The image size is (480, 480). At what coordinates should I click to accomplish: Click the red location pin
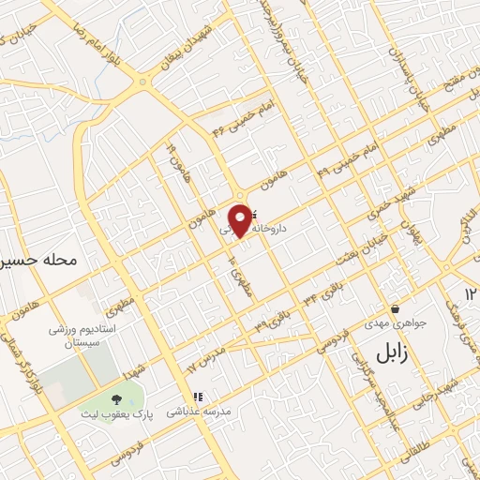tap(241, 217)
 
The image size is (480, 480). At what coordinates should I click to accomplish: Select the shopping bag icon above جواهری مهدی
tap(395, 308)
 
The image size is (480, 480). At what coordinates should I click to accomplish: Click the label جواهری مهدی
tap(401, 323)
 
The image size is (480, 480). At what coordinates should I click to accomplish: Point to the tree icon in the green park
tap(116, 400)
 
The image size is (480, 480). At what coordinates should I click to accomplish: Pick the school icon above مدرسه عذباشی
tap(197, 396)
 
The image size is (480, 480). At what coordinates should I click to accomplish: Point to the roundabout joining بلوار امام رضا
tap(142, 82)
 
